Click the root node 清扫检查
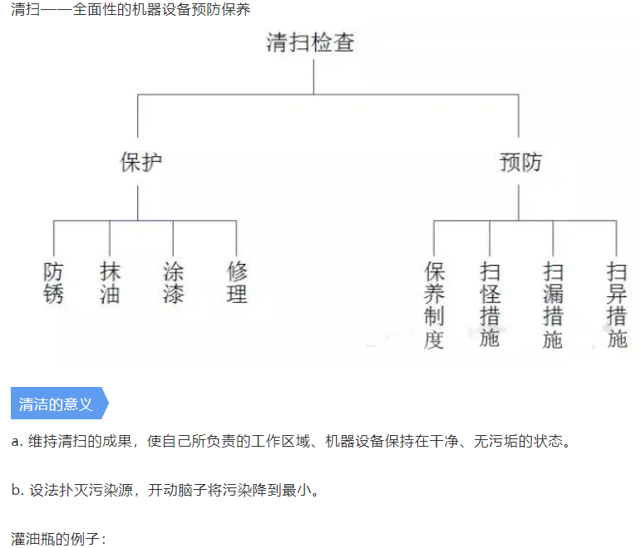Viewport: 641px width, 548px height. pos(310,42)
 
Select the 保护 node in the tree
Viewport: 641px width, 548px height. pos(141,162)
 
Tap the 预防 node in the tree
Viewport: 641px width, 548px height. pos(520,162)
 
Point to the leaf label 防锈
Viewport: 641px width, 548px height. pos(53,282)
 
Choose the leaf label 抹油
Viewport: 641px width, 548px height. pos(110,282)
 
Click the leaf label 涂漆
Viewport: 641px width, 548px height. pos(173,282)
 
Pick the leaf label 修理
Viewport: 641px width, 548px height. pos(237,282)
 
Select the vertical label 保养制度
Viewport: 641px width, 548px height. pos(434,305)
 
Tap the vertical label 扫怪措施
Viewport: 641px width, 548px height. pos(490,305)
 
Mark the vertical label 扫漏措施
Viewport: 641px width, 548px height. pos(553,305)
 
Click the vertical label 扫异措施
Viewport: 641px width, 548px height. pos(616,305)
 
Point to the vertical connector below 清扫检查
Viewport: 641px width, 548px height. pos(313,76)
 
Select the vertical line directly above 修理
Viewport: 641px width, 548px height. pos(236,238)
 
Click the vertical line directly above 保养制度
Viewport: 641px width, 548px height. pos(434,238)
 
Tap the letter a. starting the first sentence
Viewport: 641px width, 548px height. pos(17,442)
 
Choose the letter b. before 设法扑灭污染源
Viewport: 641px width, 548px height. pos(17,490)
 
